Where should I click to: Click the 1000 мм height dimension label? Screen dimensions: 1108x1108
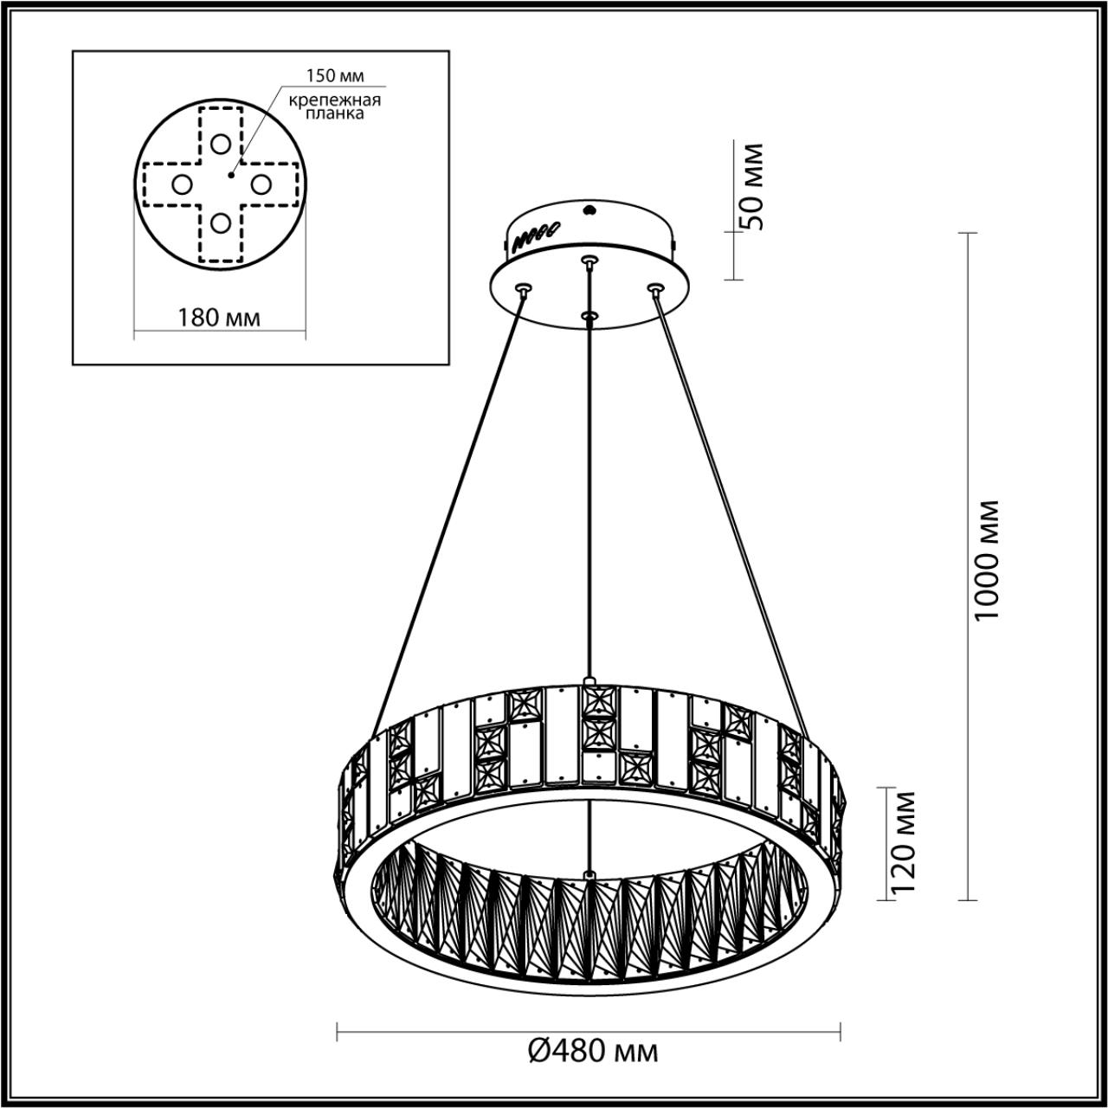[x=986, y=558]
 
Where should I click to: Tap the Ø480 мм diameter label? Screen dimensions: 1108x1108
[x=593, y=1052]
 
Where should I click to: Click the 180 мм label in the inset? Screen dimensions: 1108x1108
[x=219, y=317]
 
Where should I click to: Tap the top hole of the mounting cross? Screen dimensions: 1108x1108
[x=221, y=144]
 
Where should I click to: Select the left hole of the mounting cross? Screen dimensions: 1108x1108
[x=182, y=184]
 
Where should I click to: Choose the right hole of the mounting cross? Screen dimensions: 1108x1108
[x=260, y=184]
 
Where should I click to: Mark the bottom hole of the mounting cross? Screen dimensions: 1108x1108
[x=221, y=222]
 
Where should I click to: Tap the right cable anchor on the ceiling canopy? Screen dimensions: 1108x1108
[x=655, y=287]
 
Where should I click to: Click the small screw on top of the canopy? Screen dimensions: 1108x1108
[x=590, y=209]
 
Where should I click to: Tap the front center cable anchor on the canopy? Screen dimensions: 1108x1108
[x=589, y=317]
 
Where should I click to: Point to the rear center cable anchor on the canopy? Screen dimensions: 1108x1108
[x=589, y=260]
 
